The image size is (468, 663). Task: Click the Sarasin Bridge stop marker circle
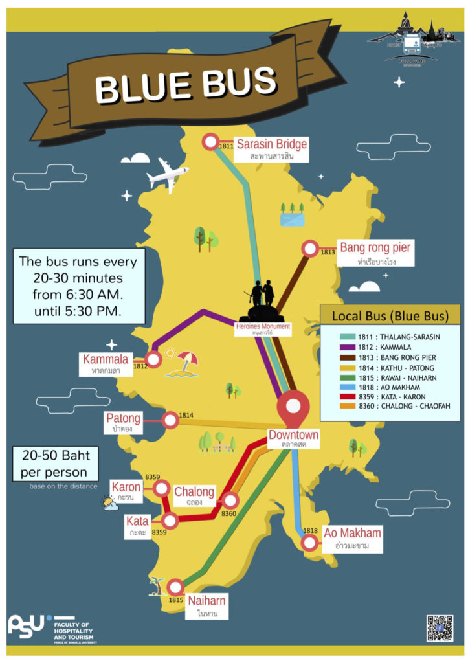(211, 142)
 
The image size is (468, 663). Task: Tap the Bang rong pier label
(375, 247)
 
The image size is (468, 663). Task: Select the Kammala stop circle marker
(153, 359)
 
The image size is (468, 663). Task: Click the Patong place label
(123, 419)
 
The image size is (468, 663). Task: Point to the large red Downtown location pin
(293, 409)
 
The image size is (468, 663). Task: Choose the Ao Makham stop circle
(310, 542)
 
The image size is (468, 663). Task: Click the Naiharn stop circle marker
(175, 587)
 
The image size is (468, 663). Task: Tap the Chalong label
(194, 492)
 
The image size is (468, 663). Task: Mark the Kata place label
(137, 521)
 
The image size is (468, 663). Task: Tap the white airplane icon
(167, 174)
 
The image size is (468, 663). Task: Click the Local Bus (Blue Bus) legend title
(390, 317)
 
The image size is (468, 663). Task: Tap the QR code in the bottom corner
(440, 628)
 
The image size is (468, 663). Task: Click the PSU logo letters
(27, 625)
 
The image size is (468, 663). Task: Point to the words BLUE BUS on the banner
(185, 84)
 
